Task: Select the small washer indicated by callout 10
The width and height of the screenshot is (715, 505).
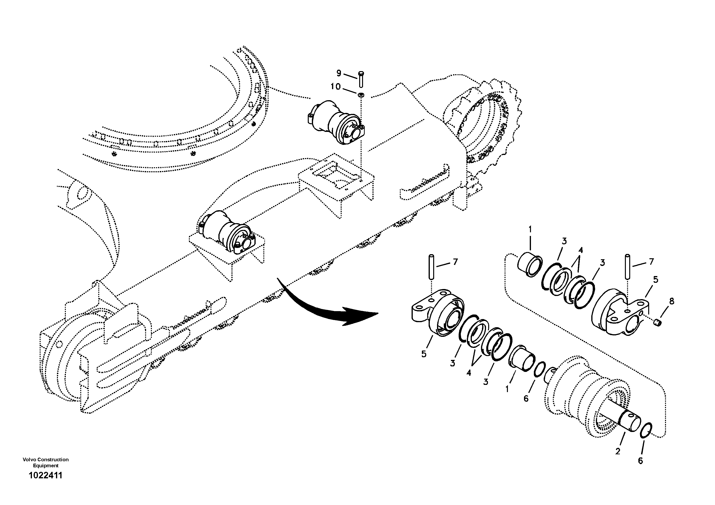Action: [361, 94]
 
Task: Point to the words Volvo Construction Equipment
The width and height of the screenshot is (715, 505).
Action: [45, 462]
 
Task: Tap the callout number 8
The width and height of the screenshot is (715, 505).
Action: [672, 301]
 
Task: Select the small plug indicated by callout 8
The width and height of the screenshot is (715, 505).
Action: [657, 323]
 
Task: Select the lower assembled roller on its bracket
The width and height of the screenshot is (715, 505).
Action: [227, 232]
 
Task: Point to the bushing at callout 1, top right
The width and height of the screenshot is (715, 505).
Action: [529, 265]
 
